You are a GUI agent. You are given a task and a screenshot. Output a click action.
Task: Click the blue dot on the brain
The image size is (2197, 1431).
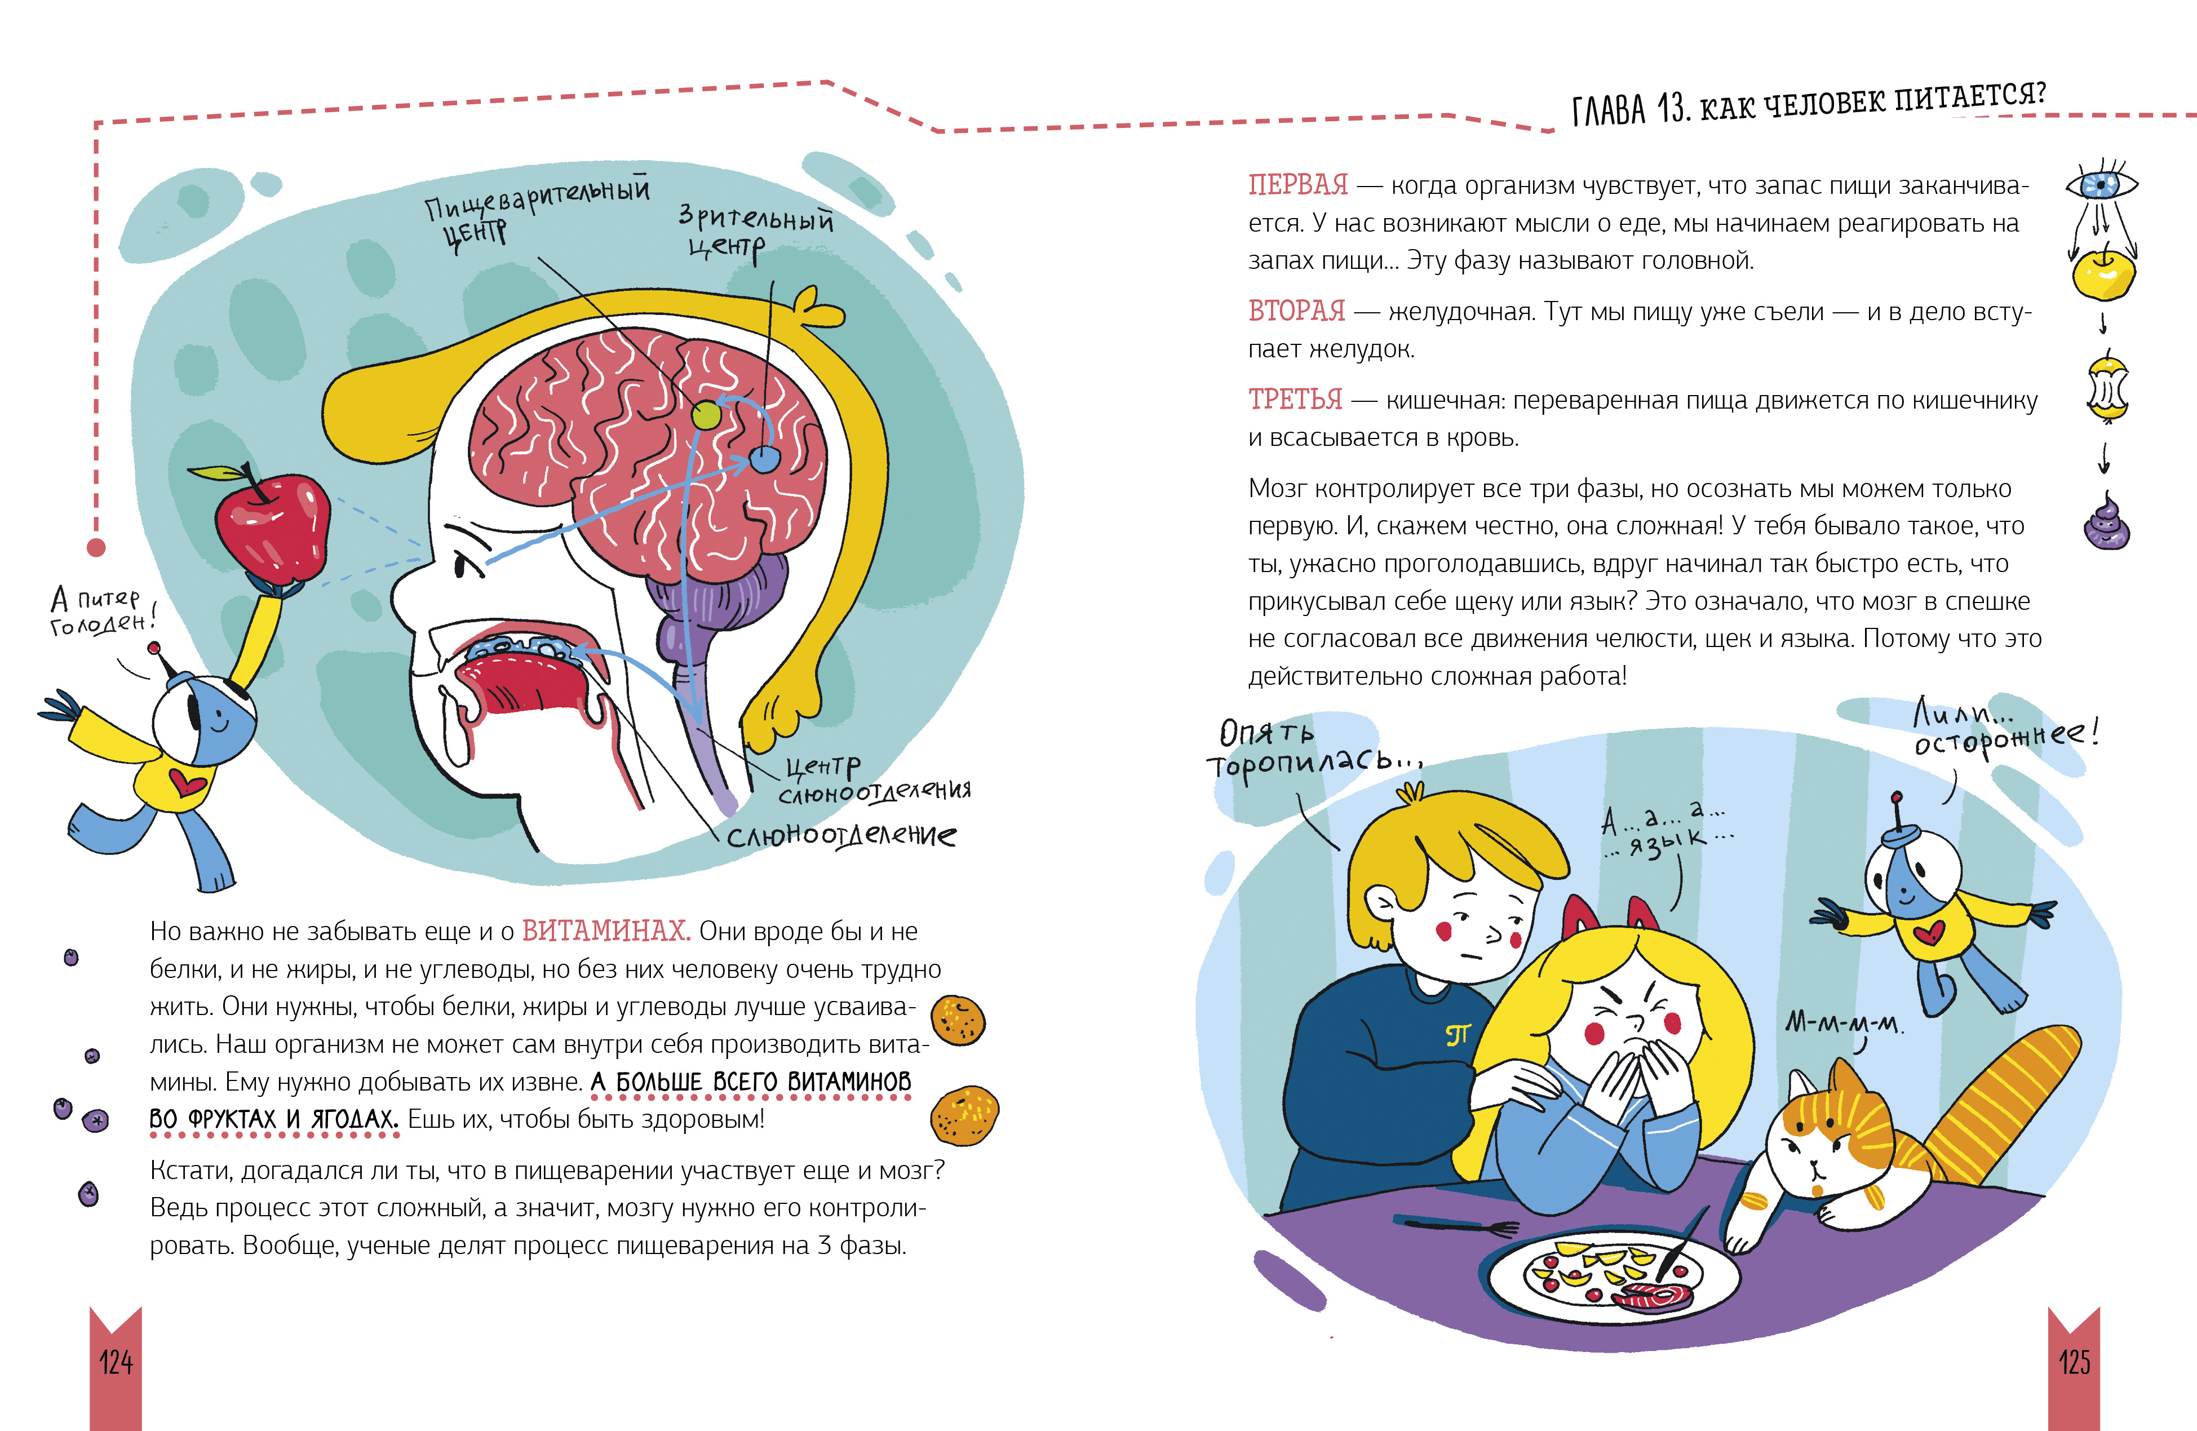point(764,458)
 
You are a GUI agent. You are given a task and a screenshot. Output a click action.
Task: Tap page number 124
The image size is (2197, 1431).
point(116,1362)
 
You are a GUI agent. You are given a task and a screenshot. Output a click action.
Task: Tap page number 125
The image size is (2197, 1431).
point(2074,1362)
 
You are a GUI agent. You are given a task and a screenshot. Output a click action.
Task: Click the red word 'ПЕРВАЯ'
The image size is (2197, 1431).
point(1298,185)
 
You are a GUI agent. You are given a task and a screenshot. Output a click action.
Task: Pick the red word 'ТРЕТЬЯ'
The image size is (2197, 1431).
point(1295,399)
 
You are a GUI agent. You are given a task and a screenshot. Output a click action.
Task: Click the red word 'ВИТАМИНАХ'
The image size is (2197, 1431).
point(605,930)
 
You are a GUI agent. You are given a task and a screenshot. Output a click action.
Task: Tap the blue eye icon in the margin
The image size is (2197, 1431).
point(2101,185)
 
